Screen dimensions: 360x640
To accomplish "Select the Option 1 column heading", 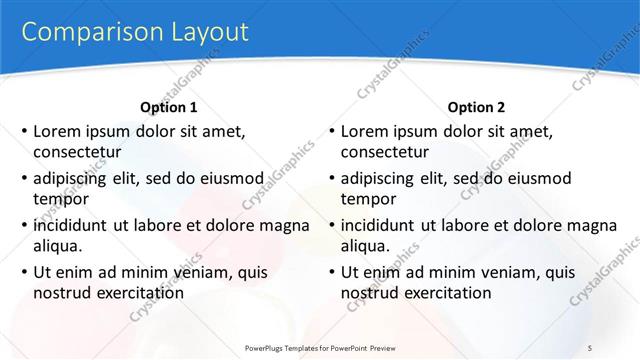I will (x=169, y=107).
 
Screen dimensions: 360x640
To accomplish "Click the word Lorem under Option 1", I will (x=56, y=130).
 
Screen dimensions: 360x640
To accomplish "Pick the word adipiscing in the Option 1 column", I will (x=75, y=178).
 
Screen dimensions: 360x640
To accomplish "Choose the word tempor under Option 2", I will (x=368, y=200).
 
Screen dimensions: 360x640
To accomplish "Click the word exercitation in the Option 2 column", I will (x=443, y=294).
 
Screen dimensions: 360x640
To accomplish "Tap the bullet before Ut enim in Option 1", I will (x=24, y=272).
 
